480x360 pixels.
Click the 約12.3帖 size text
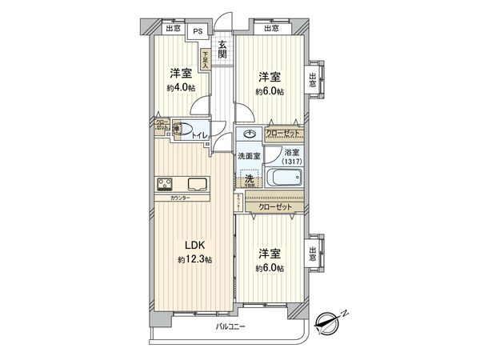click(x=195, y=260)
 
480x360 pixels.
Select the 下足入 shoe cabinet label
click(x=206, y=59)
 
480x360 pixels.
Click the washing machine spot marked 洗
click(x=250, y=180)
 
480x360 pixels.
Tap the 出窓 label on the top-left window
click(x=173, y=30)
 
